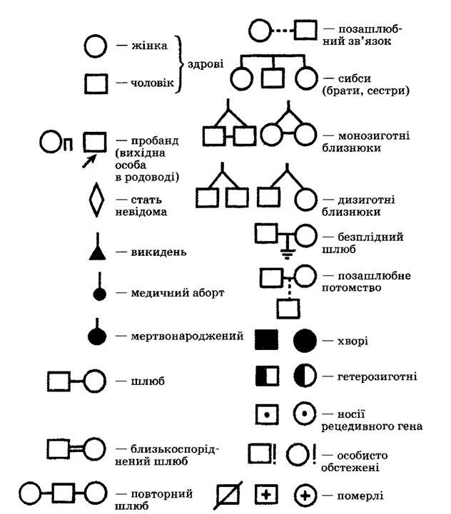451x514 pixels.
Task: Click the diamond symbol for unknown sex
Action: pos(96,200)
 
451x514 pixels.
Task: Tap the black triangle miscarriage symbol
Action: pos(98,253)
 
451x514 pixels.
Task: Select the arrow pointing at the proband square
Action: pos(88,161)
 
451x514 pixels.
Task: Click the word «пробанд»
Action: pos(155,141)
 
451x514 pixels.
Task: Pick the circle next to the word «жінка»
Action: pos(95,46)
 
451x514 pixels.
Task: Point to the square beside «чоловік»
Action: pos(96,83)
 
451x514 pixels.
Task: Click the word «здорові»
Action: pos(206,63)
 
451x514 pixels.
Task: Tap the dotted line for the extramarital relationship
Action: pos(283,31)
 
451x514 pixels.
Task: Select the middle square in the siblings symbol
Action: pos(273,78)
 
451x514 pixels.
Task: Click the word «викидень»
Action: pos(158,252)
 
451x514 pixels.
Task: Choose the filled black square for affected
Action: pos(266,339)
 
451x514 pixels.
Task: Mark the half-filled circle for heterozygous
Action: pos(305,376)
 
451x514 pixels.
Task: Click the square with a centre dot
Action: pos(267,415)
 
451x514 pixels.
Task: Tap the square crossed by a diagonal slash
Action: pos(228,495)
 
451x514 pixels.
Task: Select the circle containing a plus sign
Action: pos(305,495)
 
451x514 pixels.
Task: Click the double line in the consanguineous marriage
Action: pos(76,449)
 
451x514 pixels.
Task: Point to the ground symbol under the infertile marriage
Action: pos(287,253)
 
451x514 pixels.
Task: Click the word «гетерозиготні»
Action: pos(377,376)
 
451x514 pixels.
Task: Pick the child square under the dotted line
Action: pos(288,309)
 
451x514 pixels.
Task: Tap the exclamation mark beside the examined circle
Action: pos(314,454)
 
